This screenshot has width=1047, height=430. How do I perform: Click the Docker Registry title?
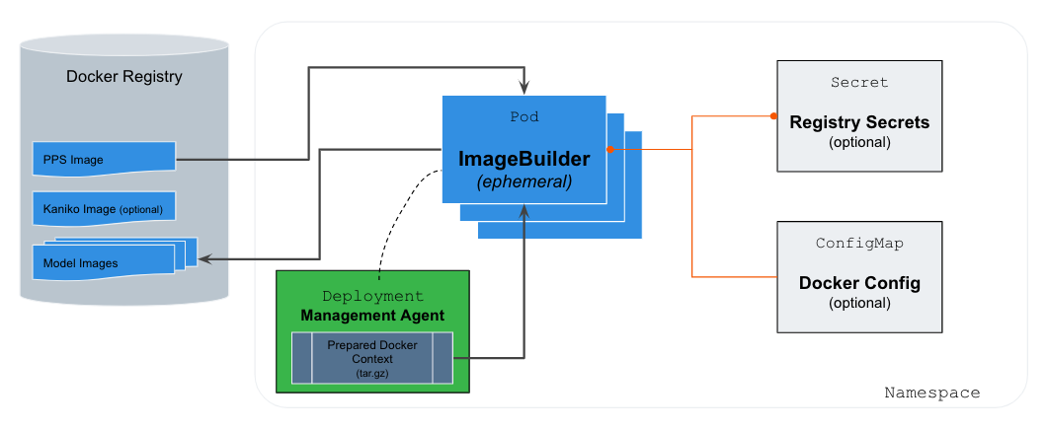pyautogui.click(x=123, y=76)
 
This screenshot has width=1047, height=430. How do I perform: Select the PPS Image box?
pyautogui.click(x=104, y=159)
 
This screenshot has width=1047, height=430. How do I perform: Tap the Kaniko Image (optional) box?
pyautogui.click(x=104, y=209)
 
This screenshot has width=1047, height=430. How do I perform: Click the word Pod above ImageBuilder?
pyautogui.click(x=523, y=116)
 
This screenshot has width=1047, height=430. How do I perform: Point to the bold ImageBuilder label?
pyautogui.click(x=523, y=159)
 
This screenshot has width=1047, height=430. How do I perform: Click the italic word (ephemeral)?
pyautogui.click(x=523, y=182)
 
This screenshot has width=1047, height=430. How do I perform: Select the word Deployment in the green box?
pyautogui.click(x=372, y=296)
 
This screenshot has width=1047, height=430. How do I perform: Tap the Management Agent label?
pyautogui.click(x=372, y=316)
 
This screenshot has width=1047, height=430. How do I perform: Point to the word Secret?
pyautogui.click(x=859, y=83)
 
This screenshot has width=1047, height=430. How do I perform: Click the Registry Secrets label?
pyautogui.click(x=859, y=123)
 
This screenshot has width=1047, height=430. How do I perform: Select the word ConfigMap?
pyautogui.click(x=859, y=243)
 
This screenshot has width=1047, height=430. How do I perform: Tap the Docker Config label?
pyautogui.click(x=859, y=283)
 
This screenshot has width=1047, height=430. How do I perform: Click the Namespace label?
pyautogui.click(x=931, y=393)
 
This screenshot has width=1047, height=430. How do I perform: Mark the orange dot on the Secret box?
pyautogui.click(x=773, y=116)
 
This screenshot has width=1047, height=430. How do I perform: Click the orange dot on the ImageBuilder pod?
pyautogui.click(x=609, y=150)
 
